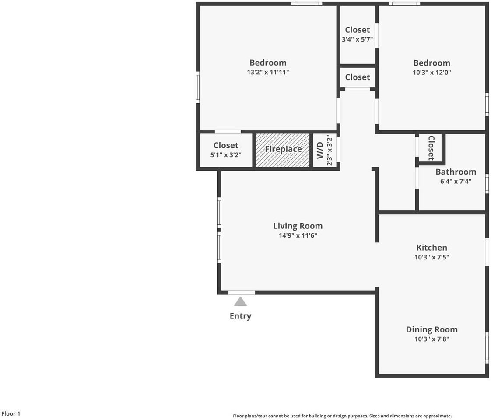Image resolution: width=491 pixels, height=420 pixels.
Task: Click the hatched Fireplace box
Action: tap(283, 150)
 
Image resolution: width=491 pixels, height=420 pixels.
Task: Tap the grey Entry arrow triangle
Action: tap(240, 301)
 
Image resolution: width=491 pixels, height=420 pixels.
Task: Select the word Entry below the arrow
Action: tap(240, 316)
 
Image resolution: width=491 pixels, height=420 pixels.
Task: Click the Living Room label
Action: tap(298, 226)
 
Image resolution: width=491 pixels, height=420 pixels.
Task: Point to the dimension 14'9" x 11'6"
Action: tap(298, 235)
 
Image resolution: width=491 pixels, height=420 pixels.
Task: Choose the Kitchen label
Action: tap(431, 248)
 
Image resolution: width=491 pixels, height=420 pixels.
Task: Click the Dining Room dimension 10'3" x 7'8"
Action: tap(431, 339)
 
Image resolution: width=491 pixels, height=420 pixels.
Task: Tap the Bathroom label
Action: tap(456, 171)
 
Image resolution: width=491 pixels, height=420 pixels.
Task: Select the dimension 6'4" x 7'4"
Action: tap(456, 181)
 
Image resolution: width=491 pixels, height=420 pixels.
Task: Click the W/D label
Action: tap(320, 150)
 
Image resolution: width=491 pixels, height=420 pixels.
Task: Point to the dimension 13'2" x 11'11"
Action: tap(268, 72)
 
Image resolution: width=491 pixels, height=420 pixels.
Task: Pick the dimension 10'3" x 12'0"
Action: tap(431, 72)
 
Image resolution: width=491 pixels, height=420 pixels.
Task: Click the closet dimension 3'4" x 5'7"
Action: tap(357, 39)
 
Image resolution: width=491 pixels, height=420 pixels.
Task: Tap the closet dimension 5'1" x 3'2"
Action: tap(226, 155)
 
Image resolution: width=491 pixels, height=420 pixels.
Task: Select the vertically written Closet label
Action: tap(431, 148)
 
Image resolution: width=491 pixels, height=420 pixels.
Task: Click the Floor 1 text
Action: tap(11, 413)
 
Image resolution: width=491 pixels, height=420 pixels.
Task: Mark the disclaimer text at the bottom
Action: tap(342, 416)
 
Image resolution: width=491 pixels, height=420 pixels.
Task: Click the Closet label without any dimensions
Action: tap(357, 77)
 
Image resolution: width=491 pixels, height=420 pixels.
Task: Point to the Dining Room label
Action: tap(431, 329)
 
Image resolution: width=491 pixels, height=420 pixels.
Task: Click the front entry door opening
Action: tap(241, 293)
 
